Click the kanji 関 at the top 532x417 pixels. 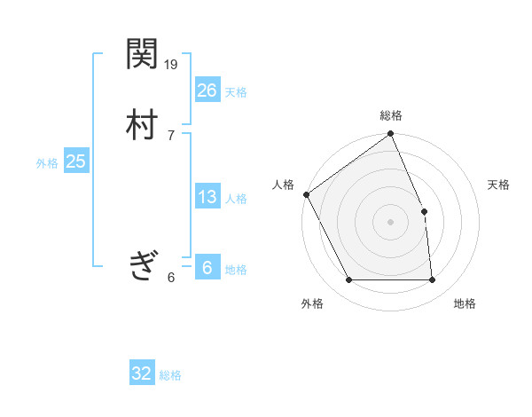click(x=142, y=56)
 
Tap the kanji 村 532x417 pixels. click(x=142, y=125)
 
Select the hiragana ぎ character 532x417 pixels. click(x=142, y=264)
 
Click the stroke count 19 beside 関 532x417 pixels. click(x=172, y=64)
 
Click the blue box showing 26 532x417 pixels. click(x=207, y=90)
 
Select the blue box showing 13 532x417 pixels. click(x=207, y=197)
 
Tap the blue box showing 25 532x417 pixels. click(x=75, y=161)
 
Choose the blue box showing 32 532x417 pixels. click(x=142, y=374)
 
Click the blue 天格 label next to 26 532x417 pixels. click(x=236, y=92)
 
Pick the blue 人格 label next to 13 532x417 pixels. click(x=236, y=199)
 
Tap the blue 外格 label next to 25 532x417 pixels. click(x=47, y=163)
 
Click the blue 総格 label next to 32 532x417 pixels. click(x=170, y=375)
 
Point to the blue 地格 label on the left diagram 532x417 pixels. click(x=236, y=270)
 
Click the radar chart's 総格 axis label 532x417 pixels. click(x=391, y=115)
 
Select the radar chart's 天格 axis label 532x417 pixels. click(x=499, y=185)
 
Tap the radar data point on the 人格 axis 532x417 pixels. click(x=306, y=194)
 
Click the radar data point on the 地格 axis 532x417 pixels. click(x=433, y=280)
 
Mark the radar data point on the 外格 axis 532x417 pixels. click(x=348, y=280)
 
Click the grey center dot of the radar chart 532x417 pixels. click(x=391, y=222)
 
